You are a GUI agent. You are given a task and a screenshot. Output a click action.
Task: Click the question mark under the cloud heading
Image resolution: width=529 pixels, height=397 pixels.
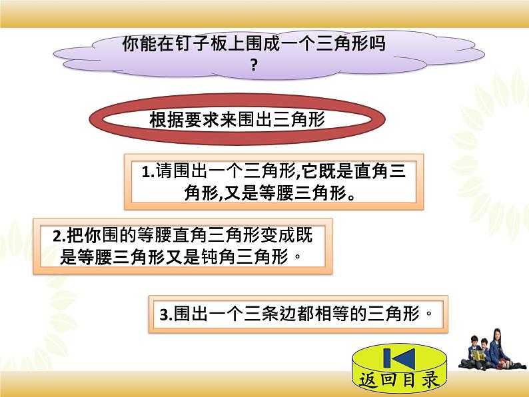(253, 65)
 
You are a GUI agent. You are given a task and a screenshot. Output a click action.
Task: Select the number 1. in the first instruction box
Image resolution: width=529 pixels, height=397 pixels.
(148, 172)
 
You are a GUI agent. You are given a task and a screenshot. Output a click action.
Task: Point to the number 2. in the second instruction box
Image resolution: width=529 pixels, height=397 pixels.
(57, 236)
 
